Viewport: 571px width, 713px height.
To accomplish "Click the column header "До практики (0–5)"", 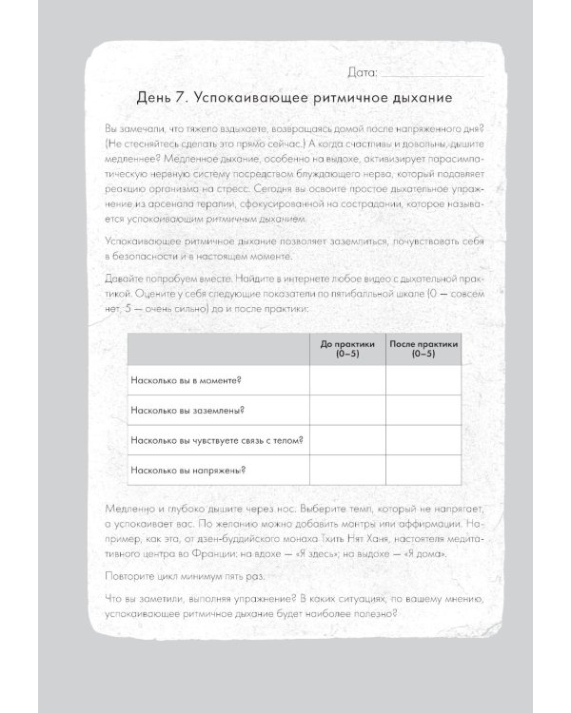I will [346, 349].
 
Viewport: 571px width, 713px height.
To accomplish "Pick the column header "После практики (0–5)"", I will [423, 349].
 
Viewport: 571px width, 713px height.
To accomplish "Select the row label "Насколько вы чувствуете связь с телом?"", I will [203, 440].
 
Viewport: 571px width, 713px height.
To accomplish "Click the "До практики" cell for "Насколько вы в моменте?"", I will [346, 381].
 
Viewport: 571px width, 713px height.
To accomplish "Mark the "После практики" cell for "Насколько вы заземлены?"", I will [423, 411].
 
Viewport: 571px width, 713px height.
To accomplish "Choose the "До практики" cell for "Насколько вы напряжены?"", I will [346, 470].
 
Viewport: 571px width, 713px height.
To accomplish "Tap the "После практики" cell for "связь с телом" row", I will [423, 440].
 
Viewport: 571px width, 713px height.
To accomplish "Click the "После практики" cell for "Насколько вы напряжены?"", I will [423, 470].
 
